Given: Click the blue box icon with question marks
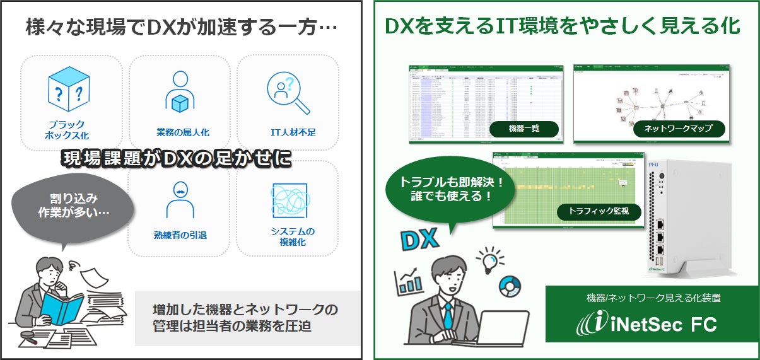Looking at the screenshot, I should pos(69,90).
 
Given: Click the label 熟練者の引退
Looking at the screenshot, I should pos(180,235).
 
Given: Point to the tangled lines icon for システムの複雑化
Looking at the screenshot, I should pos(288,200).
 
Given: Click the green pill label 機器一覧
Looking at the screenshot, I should pos(524,129).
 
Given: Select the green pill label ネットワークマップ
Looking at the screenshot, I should pos(678,129).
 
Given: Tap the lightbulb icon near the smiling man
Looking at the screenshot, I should pos(491,258).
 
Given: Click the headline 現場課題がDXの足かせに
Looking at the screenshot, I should pos(176,159).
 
